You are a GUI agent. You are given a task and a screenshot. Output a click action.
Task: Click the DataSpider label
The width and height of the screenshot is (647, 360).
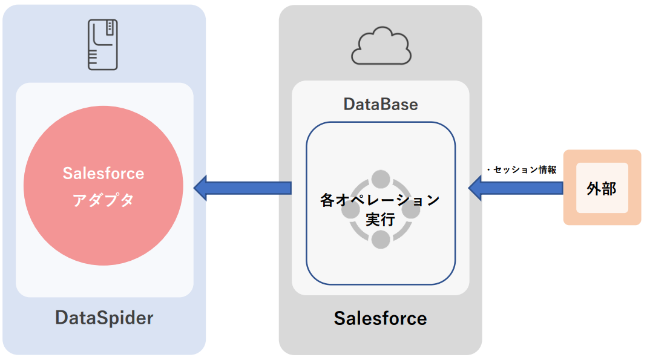click(x=104, y=318)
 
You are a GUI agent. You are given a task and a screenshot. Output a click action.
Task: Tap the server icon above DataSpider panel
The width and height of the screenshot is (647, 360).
click(x=102, y=44)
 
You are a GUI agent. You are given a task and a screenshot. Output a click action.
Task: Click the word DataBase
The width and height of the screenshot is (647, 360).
click(x=381, y=104)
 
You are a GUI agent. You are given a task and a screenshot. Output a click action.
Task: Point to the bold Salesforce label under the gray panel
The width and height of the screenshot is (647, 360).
click(x=380, y=318)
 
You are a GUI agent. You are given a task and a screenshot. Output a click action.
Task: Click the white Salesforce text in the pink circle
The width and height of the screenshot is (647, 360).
click(x=103, y=174)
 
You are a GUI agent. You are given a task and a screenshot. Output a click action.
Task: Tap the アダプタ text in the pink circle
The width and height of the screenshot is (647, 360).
click(x=103, y=201)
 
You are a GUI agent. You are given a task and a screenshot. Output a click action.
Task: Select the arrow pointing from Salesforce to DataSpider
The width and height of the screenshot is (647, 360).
click(x=242, y=188)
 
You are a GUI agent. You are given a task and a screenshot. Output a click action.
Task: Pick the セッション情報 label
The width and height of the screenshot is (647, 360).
click(x=522, y=170)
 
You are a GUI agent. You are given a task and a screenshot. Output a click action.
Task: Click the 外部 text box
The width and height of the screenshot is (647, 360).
click(x=602, y=188)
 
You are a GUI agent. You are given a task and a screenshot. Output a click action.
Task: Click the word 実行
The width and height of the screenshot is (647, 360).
click(x=380, y=220)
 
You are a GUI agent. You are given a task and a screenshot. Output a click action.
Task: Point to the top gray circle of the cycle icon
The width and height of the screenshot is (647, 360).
click(x=381, y=179)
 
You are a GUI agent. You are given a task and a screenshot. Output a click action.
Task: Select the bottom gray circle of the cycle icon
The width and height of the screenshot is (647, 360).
click(x=381, y=240)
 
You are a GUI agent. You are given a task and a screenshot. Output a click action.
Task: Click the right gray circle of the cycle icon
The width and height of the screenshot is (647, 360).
click(x=412, y=211)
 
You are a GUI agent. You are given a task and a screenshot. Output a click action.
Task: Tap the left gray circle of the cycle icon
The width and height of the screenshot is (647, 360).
click(x=350, y=211)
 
